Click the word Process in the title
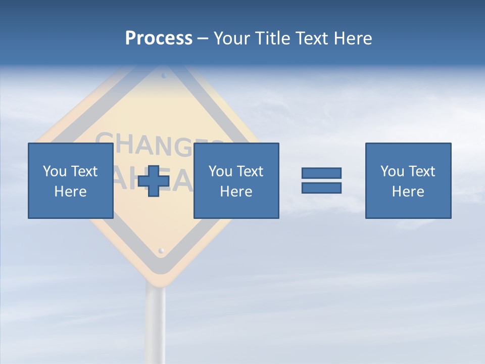point(159,38)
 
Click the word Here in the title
point(354,38)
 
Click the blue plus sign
point(154,180)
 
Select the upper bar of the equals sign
point(321,173)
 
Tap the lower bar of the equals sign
point(321,188)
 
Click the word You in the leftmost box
point(54,171)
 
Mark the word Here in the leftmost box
point(70,192)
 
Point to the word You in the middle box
point(220,171)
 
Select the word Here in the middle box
point(236,192)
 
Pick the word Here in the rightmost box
point(408,192)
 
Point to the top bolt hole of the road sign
point(164,76)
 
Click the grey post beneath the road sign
point(156,324)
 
